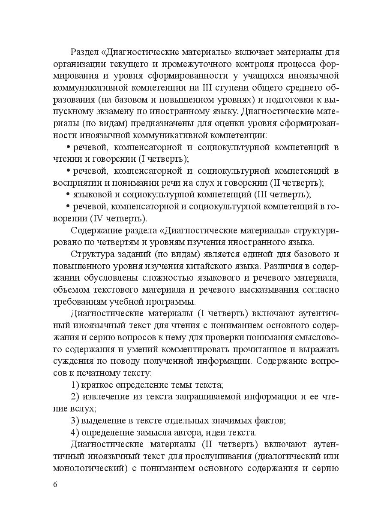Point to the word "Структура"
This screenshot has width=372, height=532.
coord(91,254)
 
